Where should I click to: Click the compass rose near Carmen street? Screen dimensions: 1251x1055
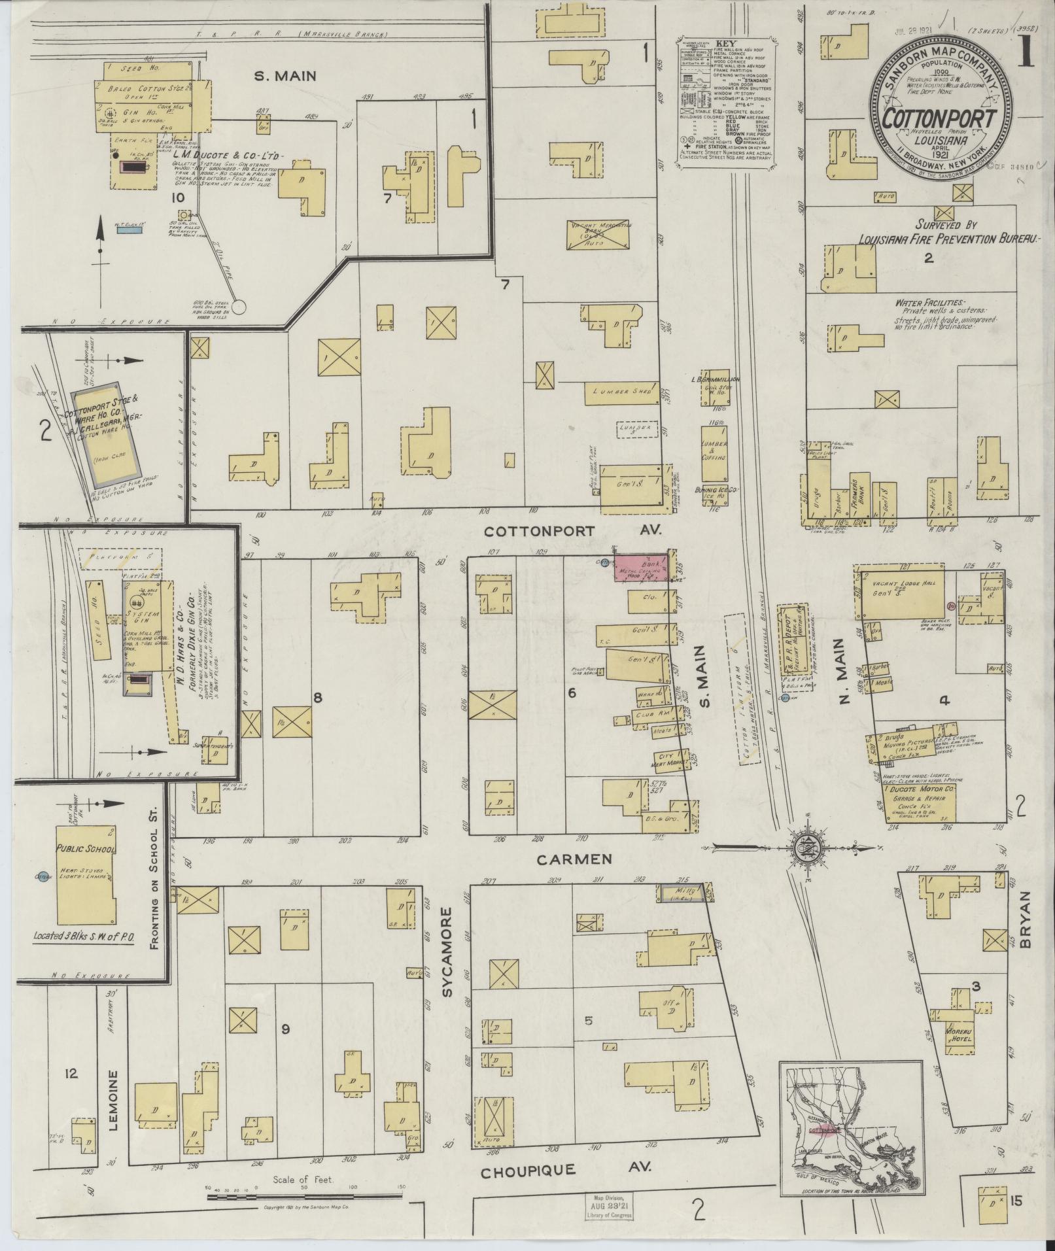(802, 848)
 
